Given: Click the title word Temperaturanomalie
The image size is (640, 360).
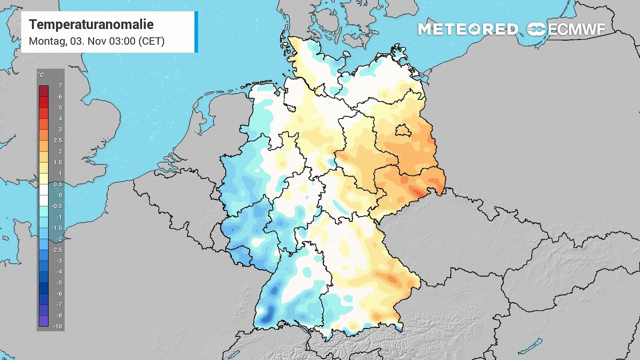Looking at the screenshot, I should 91,24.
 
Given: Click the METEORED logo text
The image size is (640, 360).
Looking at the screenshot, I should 467,29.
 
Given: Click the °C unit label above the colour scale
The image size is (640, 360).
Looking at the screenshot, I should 41,75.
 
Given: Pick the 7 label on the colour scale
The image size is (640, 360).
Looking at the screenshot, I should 60,86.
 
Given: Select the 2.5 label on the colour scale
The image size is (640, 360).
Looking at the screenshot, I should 58,140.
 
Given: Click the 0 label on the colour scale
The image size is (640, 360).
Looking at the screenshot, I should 60,195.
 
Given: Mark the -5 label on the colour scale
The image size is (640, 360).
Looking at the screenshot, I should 59,282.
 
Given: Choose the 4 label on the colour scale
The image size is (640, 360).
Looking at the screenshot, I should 60,119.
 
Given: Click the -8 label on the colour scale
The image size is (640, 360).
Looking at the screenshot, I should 59,315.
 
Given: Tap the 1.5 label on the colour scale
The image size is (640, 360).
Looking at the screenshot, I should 58,162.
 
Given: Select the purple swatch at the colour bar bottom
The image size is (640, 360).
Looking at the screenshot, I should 43,321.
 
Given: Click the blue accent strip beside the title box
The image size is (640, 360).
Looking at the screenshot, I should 196,31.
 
